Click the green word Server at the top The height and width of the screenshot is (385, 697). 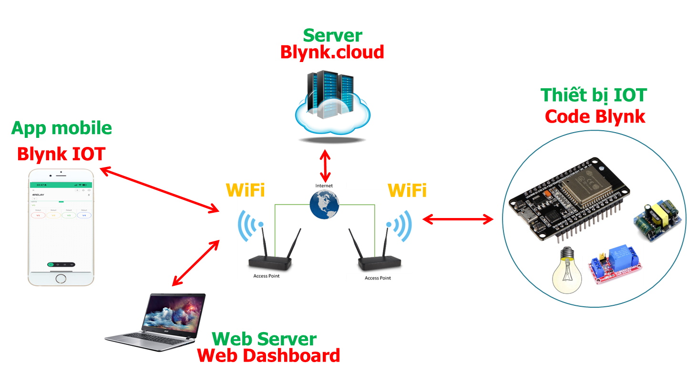[x=333, y=35]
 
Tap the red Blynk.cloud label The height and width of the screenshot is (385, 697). [x=332, y=52]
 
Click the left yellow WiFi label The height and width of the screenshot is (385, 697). [x=245, y=190]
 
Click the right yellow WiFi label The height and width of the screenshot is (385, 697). [x=407, y=190]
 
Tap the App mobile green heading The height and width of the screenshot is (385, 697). [x=61, y=128]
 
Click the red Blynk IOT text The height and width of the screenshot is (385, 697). [x=61, y=154]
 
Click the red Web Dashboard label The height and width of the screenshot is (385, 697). [x=269, y=355]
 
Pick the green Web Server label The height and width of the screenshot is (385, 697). [x=264, y=339]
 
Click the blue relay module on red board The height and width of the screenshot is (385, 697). [x=615, y=265]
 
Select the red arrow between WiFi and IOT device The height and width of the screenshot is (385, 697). [x=458, y=219]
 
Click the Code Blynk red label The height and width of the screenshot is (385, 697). [x=595, y=116]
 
